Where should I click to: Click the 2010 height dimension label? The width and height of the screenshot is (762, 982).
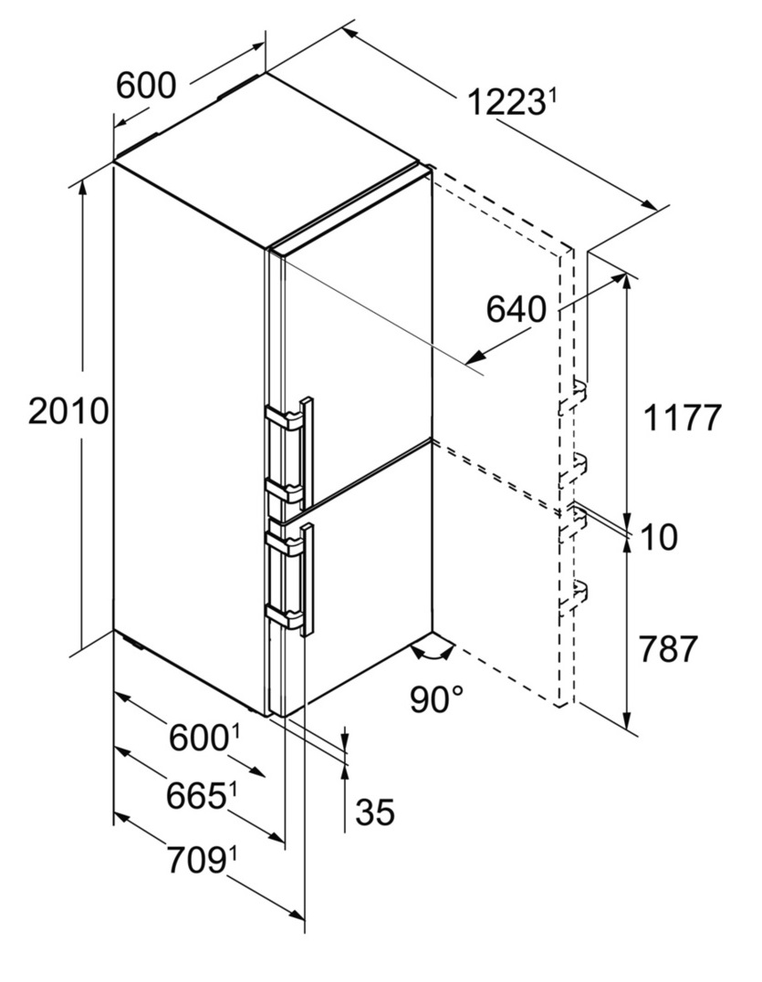point(68,411)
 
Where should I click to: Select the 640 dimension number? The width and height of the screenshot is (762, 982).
point(517,309)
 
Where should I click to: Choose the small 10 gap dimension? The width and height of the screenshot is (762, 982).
point(659,537)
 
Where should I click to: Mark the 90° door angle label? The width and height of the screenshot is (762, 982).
point(438,699)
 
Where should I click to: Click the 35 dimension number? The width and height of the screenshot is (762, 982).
point(375,812)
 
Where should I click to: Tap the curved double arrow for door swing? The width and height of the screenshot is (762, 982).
point(433,651)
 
